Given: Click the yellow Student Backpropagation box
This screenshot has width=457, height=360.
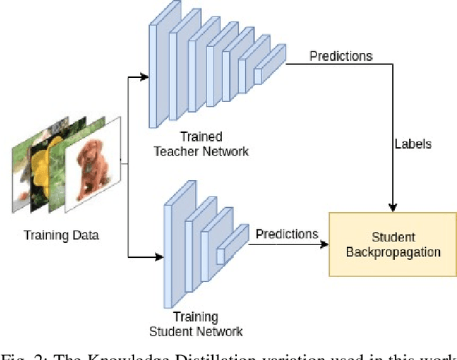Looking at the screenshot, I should coord(392,244).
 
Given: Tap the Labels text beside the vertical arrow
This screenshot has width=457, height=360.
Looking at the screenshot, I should coord(413,144).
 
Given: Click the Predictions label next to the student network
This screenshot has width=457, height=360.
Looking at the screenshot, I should coord(286,234).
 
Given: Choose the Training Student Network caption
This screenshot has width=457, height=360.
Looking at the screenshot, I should coord(196,324).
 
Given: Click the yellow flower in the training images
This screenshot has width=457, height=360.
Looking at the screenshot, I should coord(54,166).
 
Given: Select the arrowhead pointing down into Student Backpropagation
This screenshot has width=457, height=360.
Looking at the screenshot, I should coord(392,208).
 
